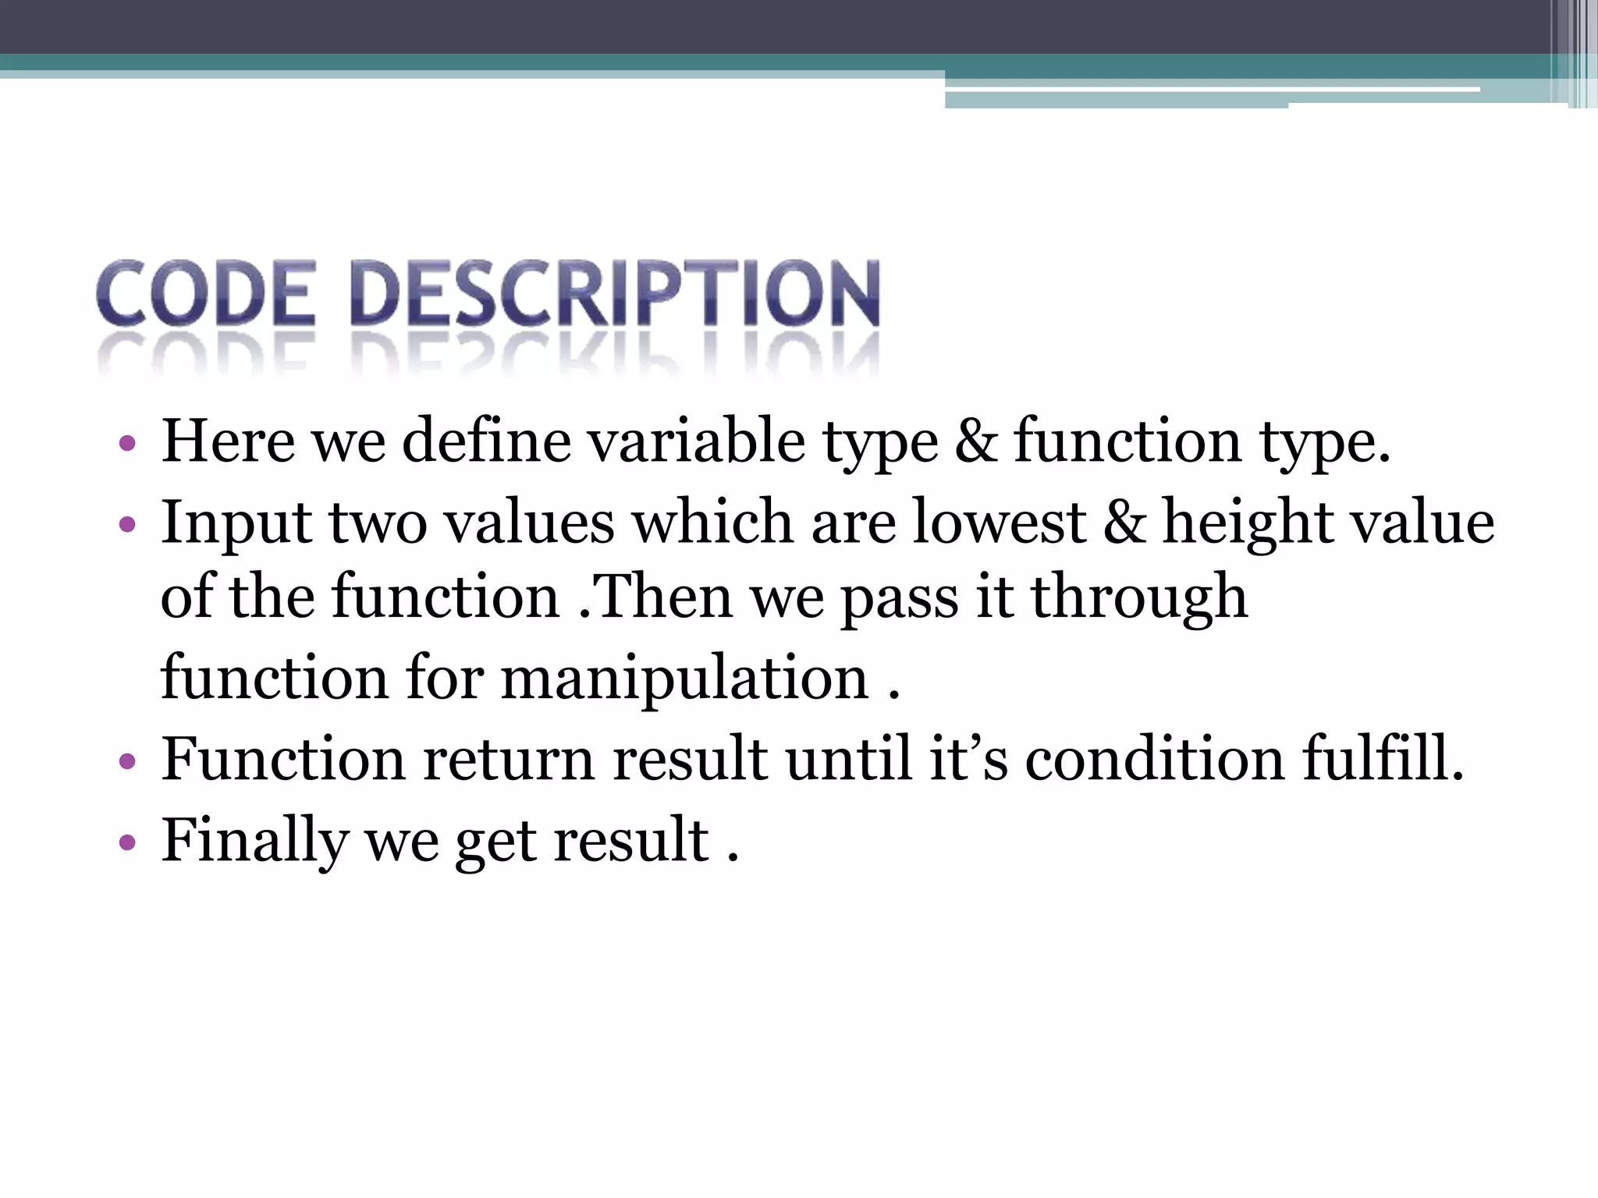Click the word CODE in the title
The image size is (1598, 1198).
coord(206,293)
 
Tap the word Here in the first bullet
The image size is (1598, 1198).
coord(228,441)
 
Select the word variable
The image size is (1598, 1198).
coord(696,441)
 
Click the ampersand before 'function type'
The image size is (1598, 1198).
coord(975,441)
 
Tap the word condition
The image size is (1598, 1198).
coord(1154,758)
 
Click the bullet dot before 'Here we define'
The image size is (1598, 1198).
coord(127,445)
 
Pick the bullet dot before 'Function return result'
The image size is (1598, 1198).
coord(127,761)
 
